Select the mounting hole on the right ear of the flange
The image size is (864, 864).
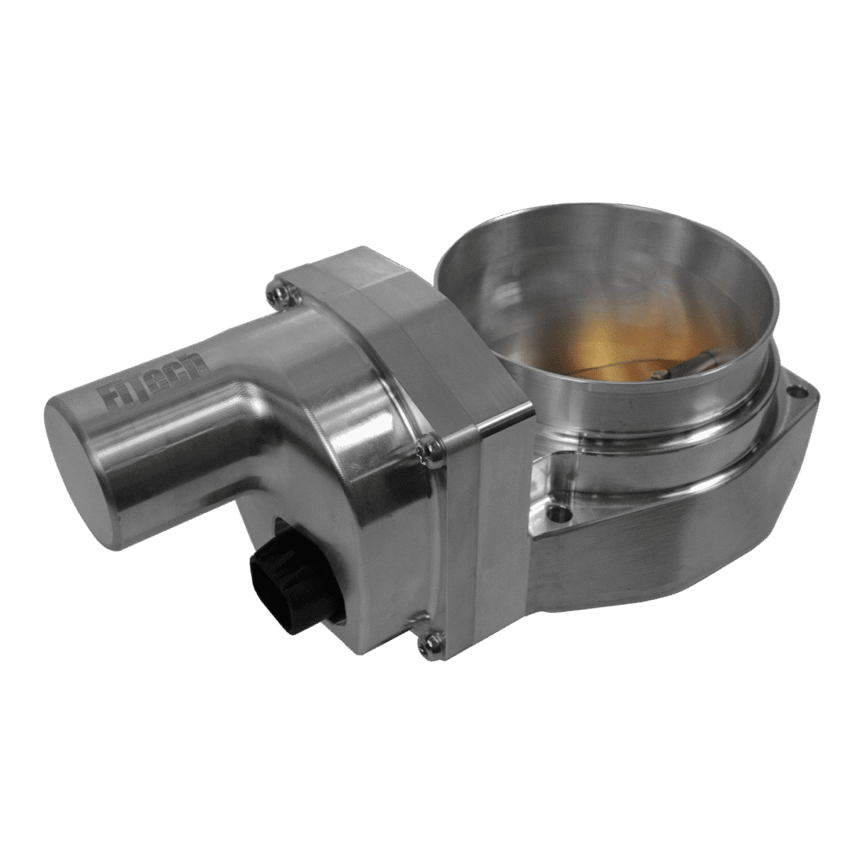(x=795, y=393)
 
